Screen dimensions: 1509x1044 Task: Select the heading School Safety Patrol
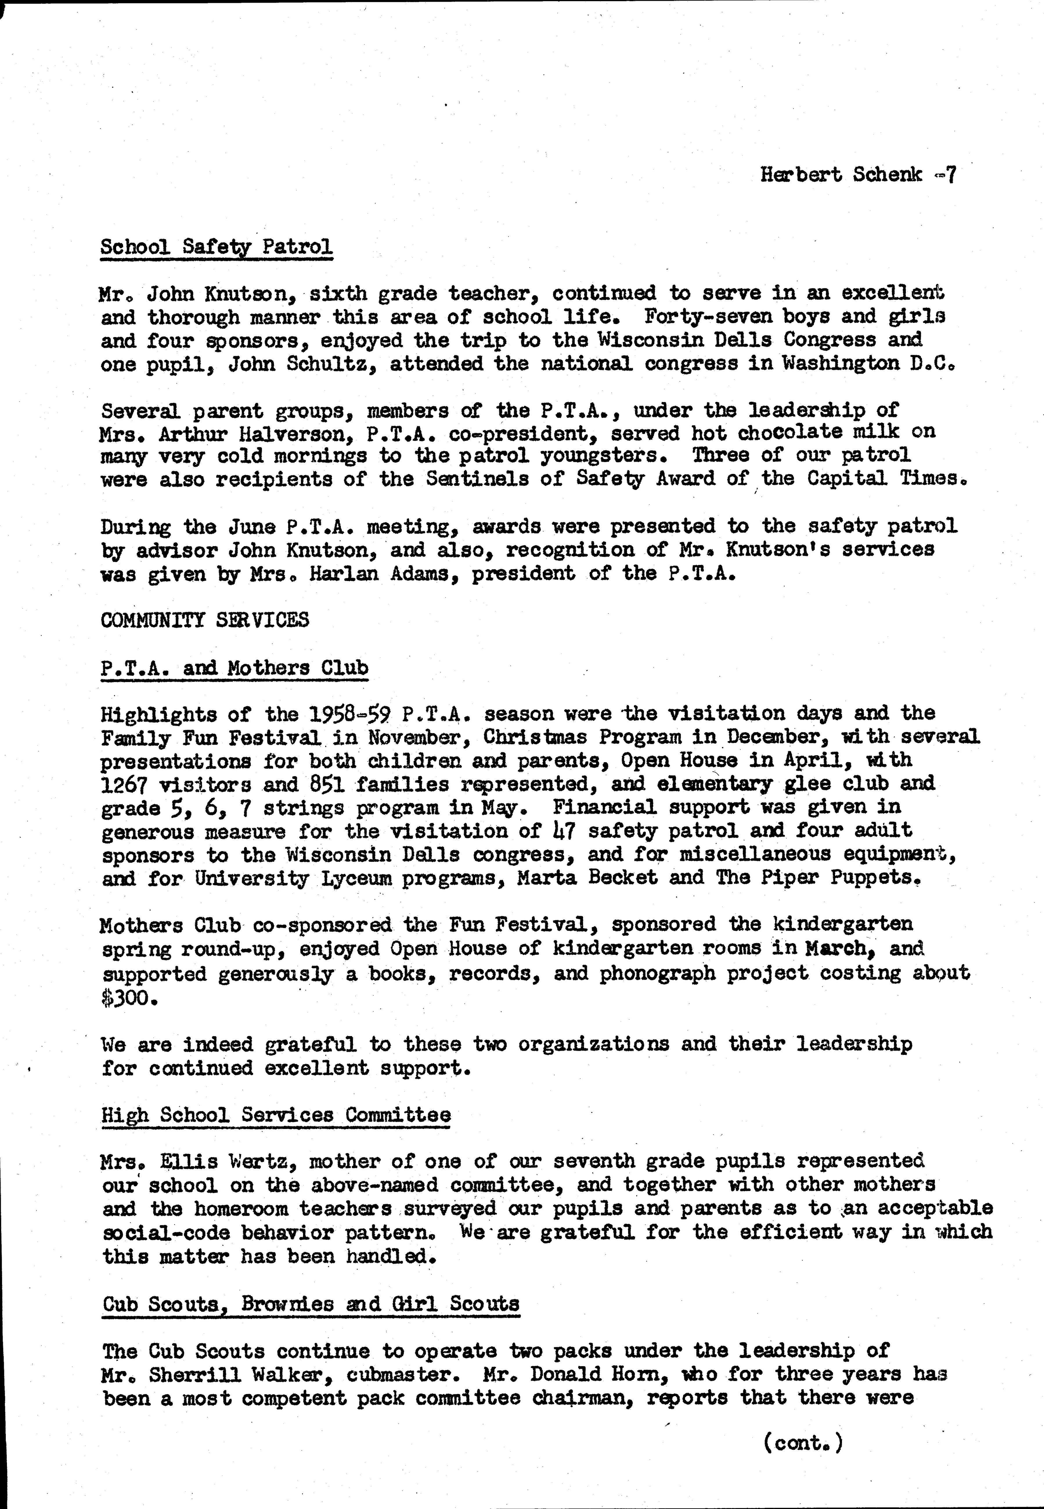click(x=217, y=247)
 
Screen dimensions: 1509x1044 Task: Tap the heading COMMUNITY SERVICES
click(x=205, y=620)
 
